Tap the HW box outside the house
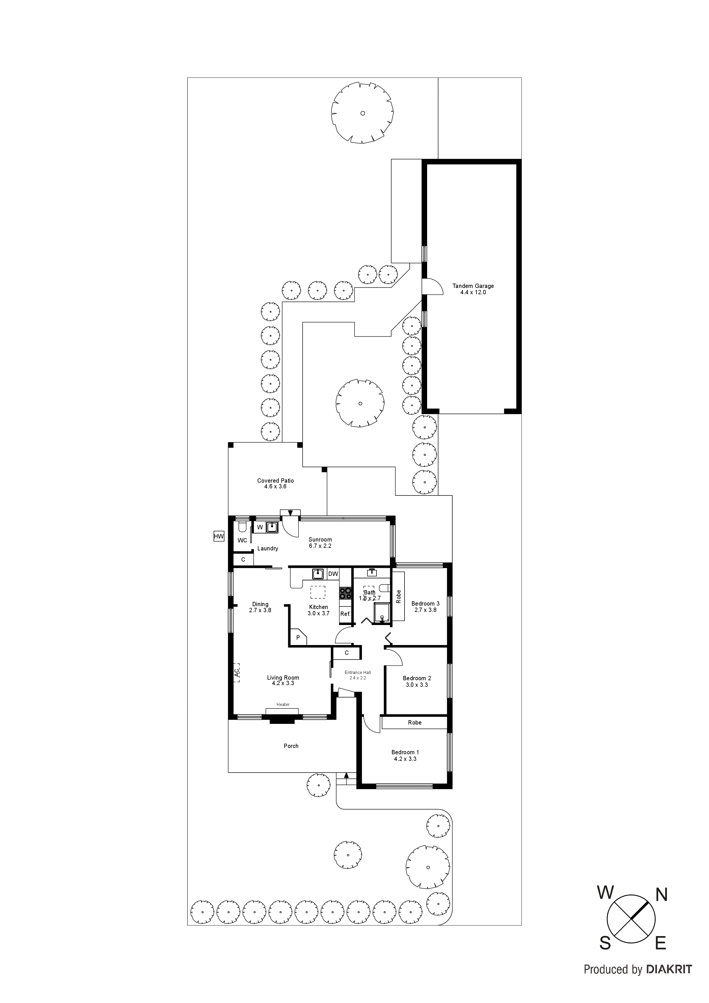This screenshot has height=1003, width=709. pos(218,536)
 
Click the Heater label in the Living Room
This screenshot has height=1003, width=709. pos(283,704)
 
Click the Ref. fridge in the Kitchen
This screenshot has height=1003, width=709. pos(345,614)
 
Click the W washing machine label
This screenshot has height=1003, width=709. pos(260,527)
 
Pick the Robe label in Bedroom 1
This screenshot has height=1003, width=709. pos(415,723)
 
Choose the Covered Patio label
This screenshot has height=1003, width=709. pos(275,481)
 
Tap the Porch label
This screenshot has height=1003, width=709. pos(291,746)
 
